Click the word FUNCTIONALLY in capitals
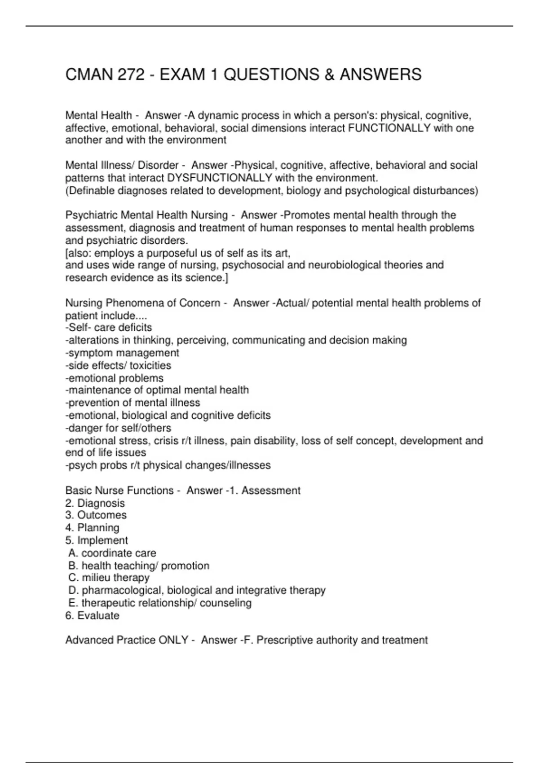[x=389, y=128]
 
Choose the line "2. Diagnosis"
[x=95, y=503]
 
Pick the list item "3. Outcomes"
[x=96, y=515]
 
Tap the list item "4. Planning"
[x=92, y=528]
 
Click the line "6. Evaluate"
[x=92, y=615]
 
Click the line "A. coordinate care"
[x=112, y=553]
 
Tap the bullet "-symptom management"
[x=122, y=353]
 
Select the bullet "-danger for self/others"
[x=118, y=428]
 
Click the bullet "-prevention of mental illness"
[x=133, y=403]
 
